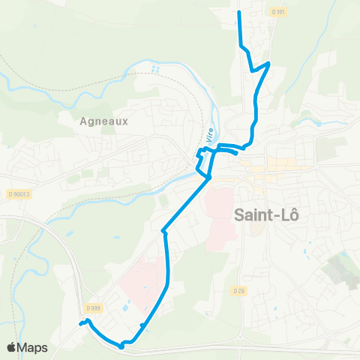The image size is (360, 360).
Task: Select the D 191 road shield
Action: click(x=279, y=12)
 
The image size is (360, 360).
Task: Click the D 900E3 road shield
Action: click(x=19, y=193)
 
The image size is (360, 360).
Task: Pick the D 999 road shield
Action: click(x=93, y=307)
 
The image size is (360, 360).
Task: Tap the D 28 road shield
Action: click(x=238, y=290)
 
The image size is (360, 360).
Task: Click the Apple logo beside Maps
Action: click(x=12, y=348)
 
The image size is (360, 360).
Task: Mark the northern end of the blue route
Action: click(x=238, y=13)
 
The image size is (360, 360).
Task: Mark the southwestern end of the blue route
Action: click(x=79, y=324)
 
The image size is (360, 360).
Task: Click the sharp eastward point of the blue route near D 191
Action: click(x=268, y=63)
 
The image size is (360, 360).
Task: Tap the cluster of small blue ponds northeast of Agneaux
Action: click(x=155, y=69)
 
